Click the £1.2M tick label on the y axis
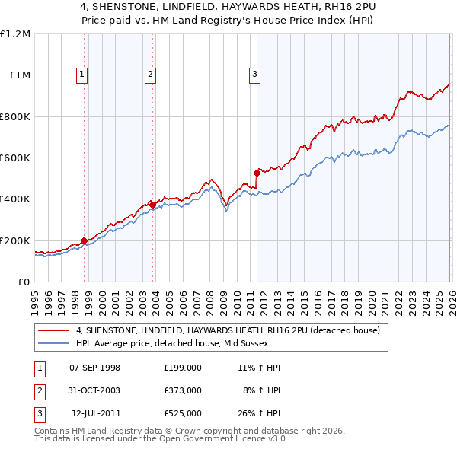click(15, 34)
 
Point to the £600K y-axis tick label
click(15, 158)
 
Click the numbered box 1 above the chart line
click(82, 74)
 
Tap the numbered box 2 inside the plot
click(151, 74)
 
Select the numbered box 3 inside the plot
click(254, 74)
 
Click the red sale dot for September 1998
click(84, 241)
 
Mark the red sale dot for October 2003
click(153, 205)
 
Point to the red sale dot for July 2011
click(257, 174)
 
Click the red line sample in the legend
click(55, 331)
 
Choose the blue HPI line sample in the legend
click(55, 343)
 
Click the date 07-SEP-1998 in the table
click(94, 368)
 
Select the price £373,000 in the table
click(183, 390)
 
